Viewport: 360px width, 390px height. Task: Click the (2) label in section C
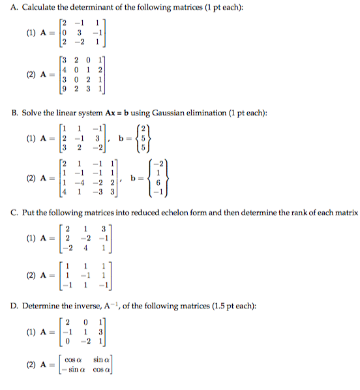pos(30,276)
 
